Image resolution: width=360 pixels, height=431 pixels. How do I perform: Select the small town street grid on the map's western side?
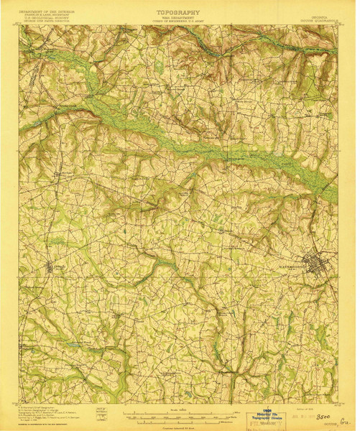pyautogui.click(x=50, y=268)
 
